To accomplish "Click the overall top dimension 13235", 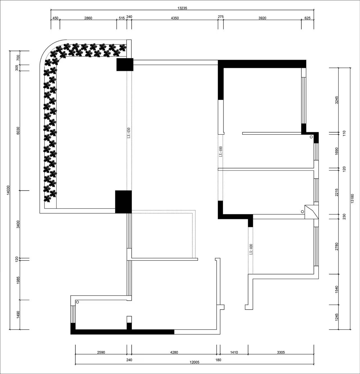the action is tap(182, 8).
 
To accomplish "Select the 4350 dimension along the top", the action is tap(175, 18).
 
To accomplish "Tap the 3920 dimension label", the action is tap(262, 18).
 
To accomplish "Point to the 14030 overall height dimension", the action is tap(8, 190).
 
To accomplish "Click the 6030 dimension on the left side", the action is tap(18, 131).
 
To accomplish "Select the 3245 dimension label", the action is tap(336, 100).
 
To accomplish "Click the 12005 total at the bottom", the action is tap(195, 362).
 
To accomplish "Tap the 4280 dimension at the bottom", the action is tap(174, 352).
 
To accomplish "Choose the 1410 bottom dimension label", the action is tap(234, 352).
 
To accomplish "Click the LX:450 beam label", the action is tap(129, 133).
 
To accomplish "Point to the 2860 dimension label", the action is tap(88, 18).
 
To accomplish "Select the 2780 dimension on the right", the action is tap(336, 246).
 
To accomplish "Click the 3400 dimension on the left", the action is tap(18, 224).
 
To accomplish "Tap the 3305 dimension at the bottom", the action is tap(281, 352).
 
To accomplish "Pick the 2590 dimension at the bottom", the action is tap(101, 352).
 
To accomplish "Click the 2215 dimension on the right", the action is tap(336, 192).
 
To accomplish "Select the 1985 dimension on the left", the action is tap(18, 280).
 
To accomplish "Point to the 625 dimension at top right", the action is tap(307, 18).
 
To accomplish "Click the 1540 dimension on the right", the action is tap(336, 290).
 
